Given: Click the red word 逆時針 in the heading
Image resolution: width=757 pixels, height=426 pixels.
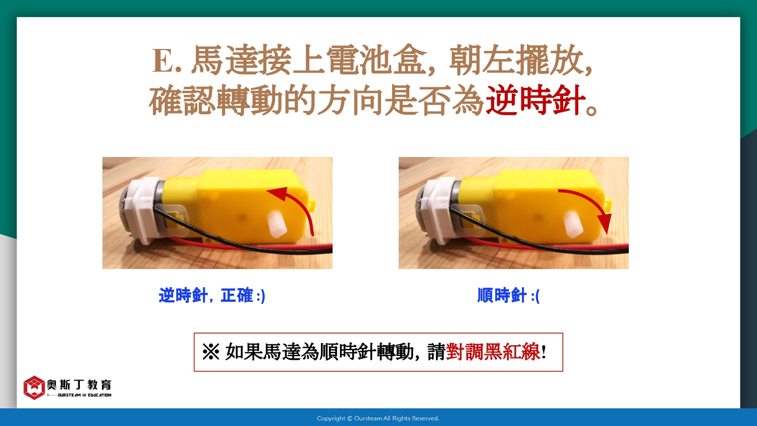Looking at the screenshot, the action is [535, 100].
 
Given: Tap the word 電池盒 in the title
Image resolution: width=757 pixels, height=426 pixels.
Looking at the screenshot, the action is [375, 60].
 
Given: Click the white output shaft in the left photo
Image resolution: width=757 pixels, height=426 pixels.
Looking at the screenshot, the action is [278, 224].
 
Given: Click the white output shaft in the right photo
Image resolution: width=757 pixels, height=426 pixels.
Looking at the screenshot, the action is [573, 224].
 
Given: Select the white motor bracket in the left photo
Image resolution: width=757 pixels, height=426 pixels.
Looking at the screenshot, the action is [144, 209].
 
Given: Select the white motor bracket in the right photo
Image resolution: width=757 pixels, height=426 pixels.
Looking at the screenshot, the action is [440, 209].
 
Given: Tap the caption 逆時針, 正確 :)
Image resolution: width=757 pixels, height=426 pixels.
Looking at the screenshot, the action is [212, 295].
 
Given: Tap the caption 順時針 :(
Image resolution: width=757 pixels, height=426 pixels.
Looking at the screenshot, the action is [508, 295].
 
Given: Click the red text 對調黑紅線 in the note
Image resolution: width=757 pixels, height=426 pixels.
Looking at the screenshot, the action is [493, 352].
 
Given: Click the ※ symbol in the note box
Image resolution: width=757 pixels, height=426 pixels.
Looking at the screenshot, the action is [211, 352].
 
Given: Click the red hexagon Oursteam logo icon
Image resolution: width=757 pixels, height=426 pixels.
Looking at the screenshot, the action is [34, 388].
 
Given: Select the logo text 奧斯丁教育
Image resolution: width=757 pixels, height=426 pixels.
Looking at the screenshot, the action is [79, 385].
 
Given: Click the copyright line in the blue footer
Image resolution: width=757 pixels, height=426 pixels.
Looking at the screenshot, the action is [378, 418].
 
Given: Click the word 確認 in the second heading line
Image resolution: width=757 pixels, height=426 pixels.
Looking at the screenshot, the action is [182, 100].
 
